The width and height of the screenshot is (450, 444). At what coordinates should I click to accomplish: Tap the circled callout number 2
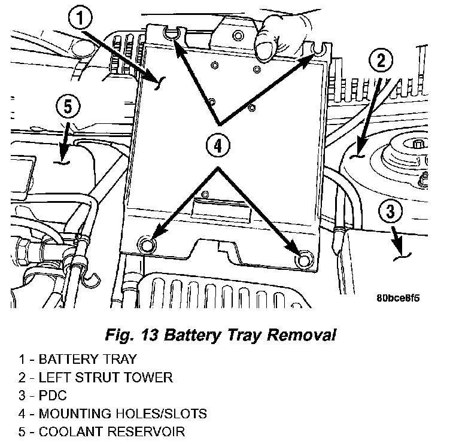(x=383, y=59)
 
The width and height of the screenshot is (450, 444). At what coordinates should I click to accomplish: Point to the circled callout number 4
(x=218, y=144)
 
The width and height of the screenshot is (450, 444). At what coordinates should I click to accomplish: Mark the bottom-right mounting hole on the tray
(x=304, y=259)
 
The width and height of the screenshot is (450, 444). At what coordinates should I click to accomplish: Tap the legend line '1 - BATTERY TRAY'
(x=77, y=360)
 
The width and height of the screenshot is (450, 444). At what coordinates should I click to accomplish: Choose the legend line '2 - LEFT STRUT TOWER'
(x=95, y=378)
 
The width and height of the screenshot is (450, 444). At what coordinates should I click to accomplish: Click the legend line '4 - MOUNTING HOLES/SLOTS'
(x=113, y=413)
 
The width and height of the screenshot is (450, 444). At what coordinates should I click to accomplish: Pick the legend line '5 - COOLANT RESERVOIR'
(x=102, y=431)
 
